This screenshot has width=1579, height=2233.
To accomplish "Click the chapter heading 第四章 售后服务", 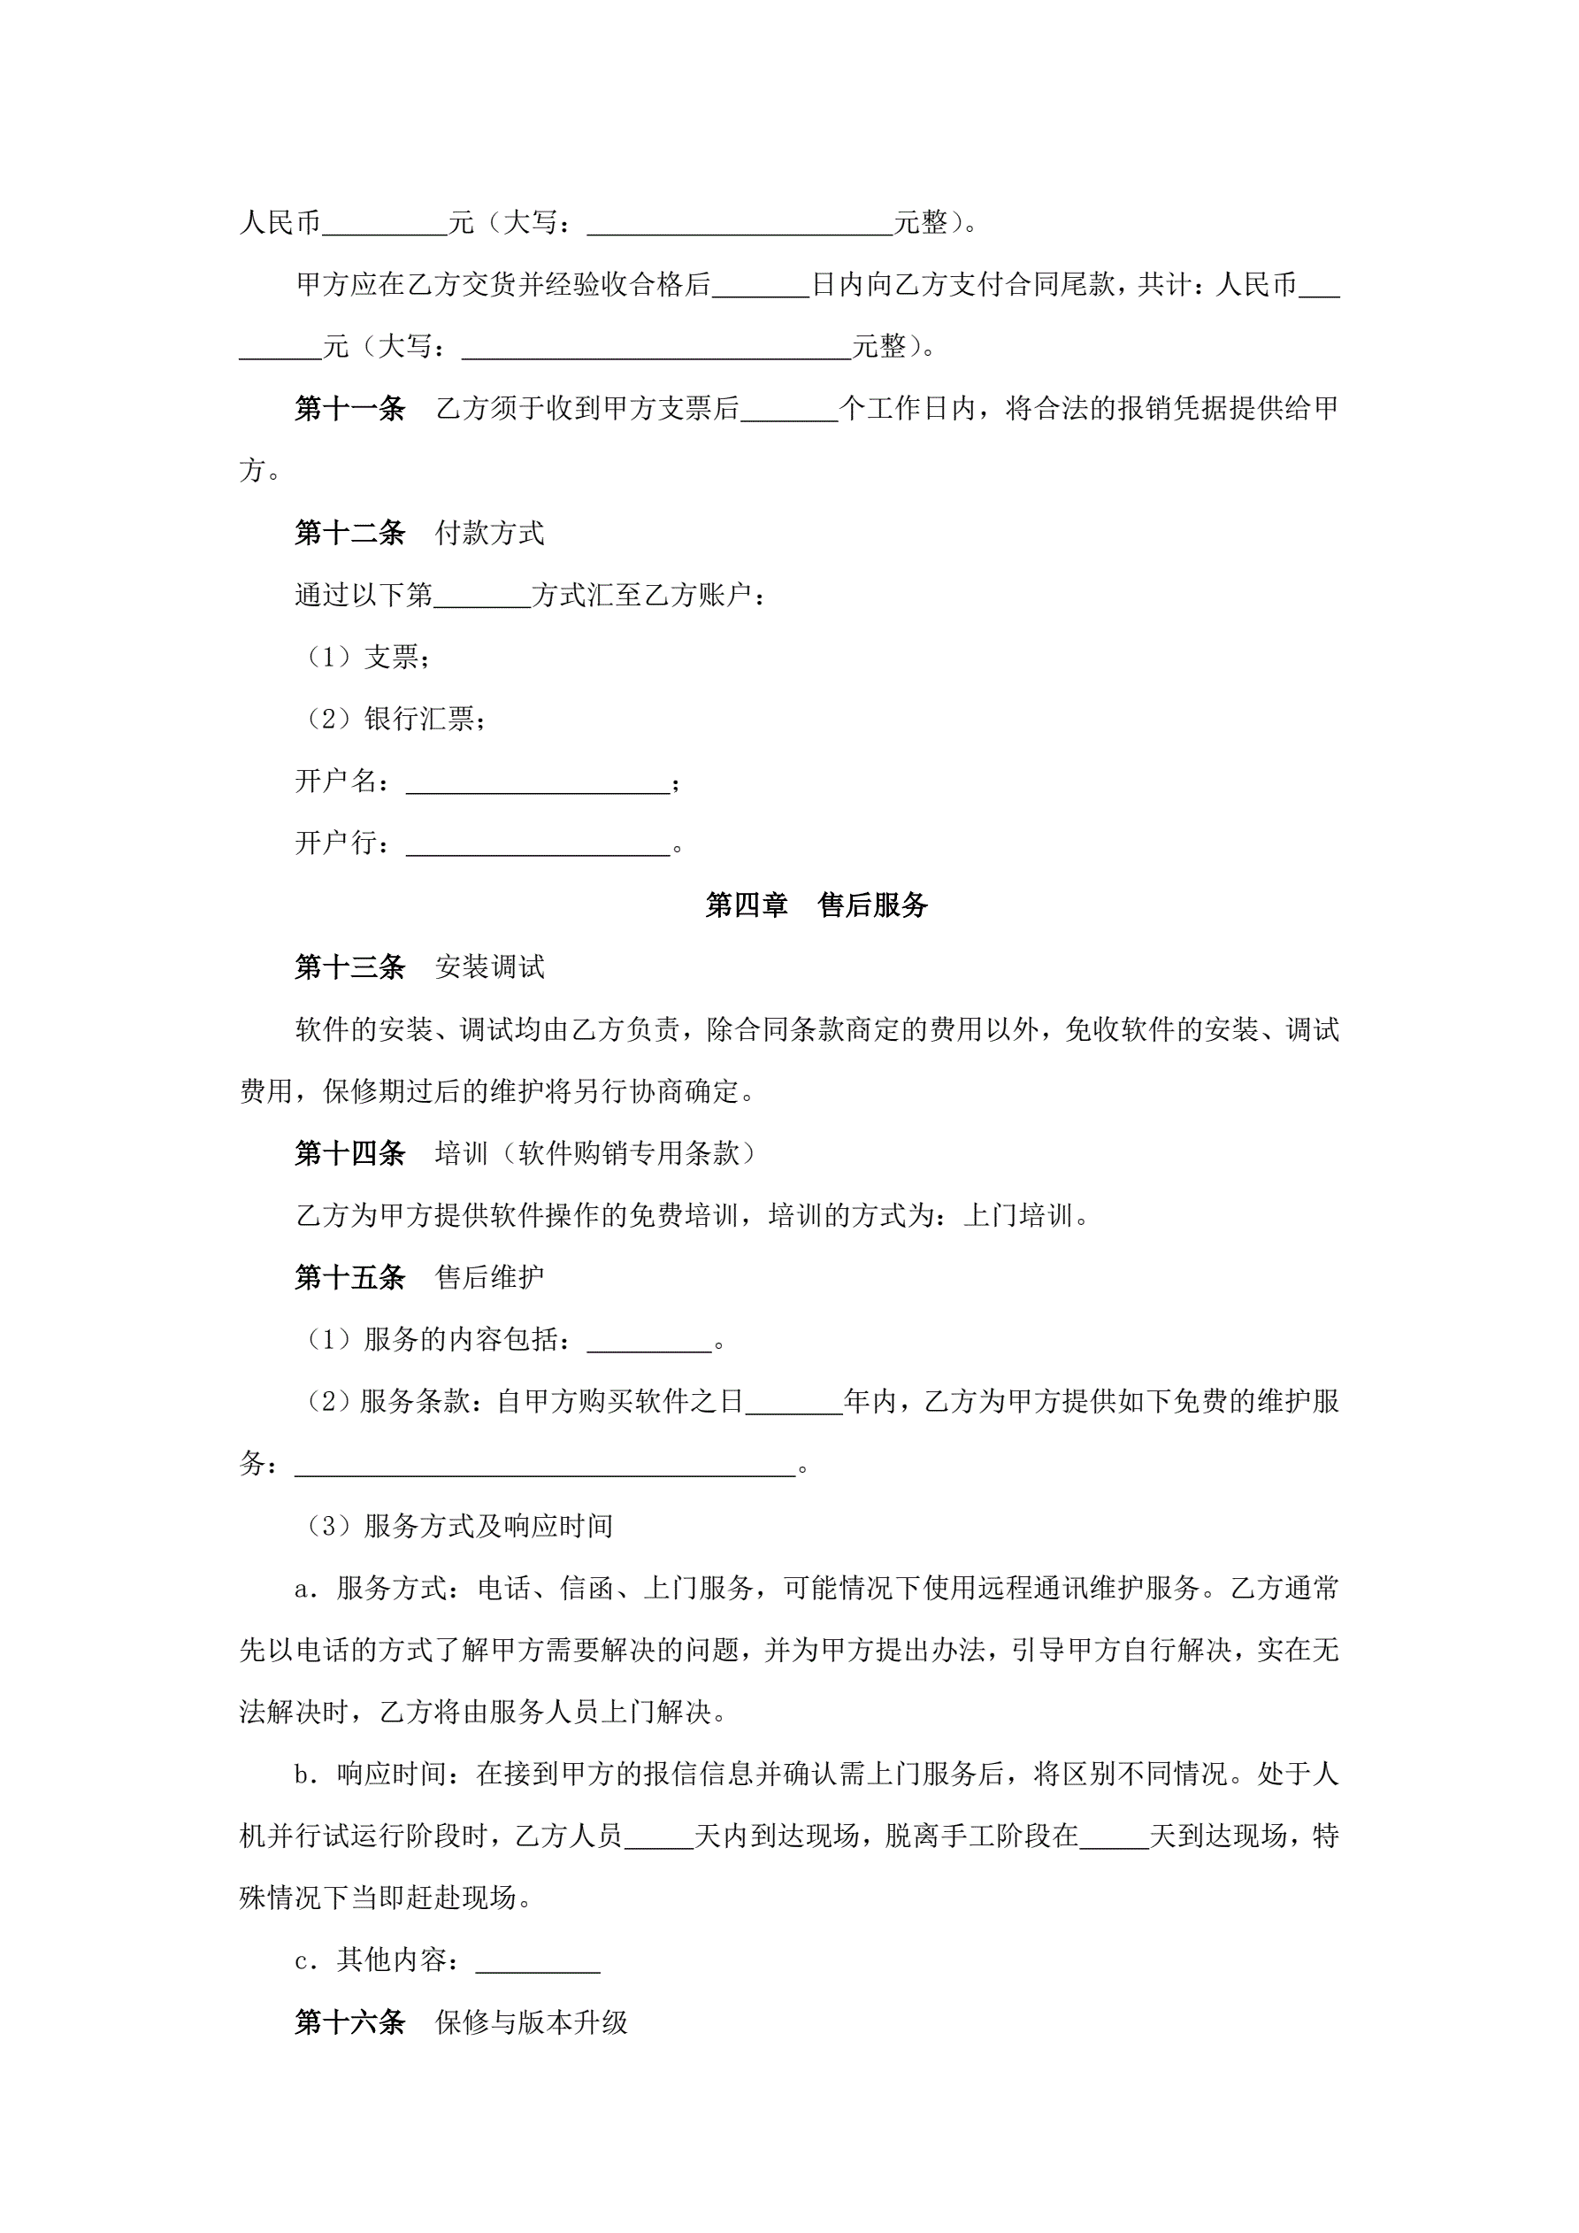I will [816, 905].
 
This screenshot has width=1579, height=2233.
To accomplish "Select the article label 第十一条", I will [350, 409].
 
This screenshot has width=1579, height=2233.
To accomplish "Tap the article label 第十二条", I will [350, 533].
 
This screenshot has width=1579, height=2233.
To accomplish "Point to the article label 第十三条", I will [350, 966].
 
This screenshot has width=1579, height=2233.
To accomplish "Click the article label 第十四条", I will [350, 1153].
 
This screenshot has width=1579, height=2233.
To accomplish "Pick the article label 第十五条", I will [350, 1277].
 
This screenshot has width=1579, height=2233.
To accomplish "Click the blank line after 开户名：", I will [538, 783].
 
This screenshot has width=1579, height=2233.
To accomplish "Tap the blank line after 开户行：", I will [538, 844].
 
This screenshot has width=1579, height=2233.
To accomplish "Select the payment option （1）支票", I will [364, 658].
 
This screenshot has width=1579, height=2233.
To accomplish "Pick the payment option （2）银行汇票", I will [391, 720].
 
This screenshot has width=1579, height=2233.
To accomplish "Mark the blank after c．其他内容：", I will [538, 1960].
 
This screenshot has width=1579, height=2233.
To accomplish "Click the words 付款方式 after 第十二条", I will [490, 533].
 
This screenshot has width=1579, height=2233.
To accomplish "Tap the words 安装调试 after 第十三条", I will [490, 966].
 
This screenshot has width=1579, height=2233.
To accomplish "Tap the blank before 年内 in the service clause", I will [793, 1403].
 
